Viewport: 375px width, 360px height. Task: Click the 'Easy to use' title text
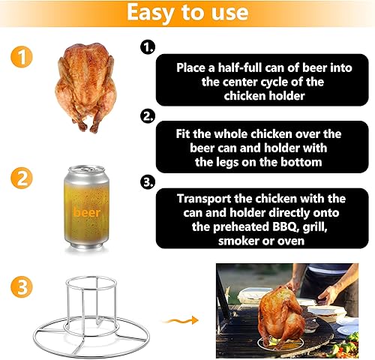(x=187, y=13)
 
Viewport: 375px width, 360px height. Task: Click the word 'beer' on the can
(x=87, y=212)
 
